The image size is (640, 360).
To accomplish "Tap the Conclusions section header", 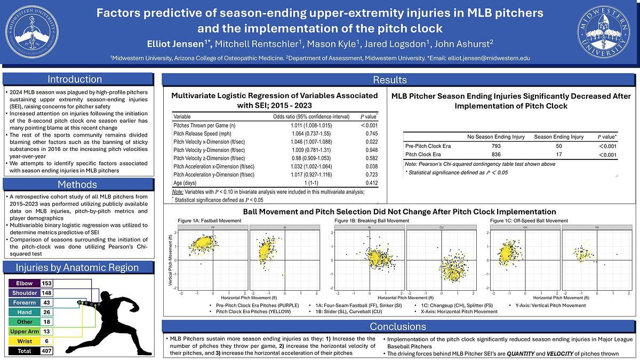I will [x=397, y=326].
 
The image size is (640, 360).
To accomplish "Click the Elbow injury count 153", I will [x=46, y=283].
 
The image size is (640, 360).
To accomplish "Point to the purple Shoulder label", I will [x=25, y=293].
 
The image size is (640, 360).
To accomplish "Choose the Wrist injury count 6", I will [x=46, y=341].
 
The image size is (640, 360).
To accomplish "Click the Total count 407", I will [x=46, y=351].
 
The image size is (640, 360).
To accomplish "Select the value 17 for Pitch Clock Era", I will [x=558, y=155].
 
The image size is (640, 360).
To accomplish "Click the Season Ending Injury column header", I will [x=558, y=137].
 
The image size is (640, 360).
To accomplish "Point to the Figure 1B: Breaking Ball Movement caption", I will [x=371, y=220].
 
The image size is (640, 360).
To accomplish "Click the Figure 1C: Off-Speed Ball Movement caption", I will [x=529, y=220].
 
